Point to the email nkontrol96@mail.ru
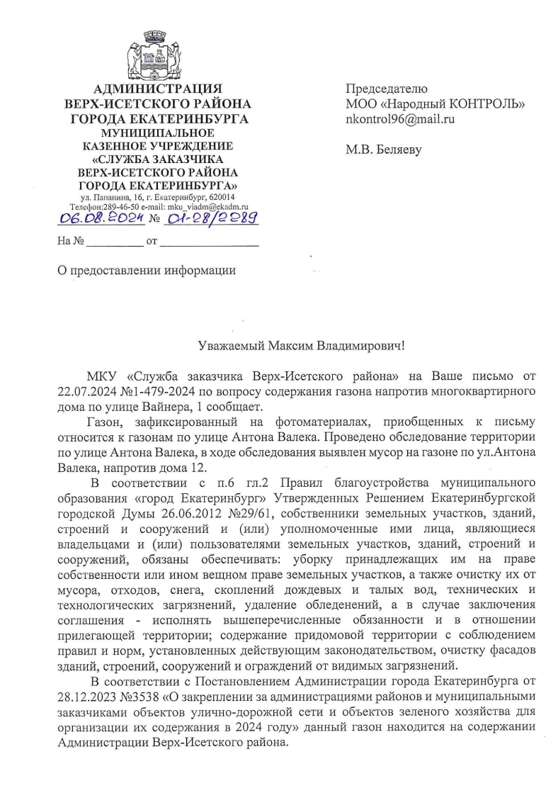click(399, 120)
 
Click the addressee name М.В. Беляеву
click(383, 151)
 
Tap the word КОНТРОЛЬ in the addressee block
click(486, 104)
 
